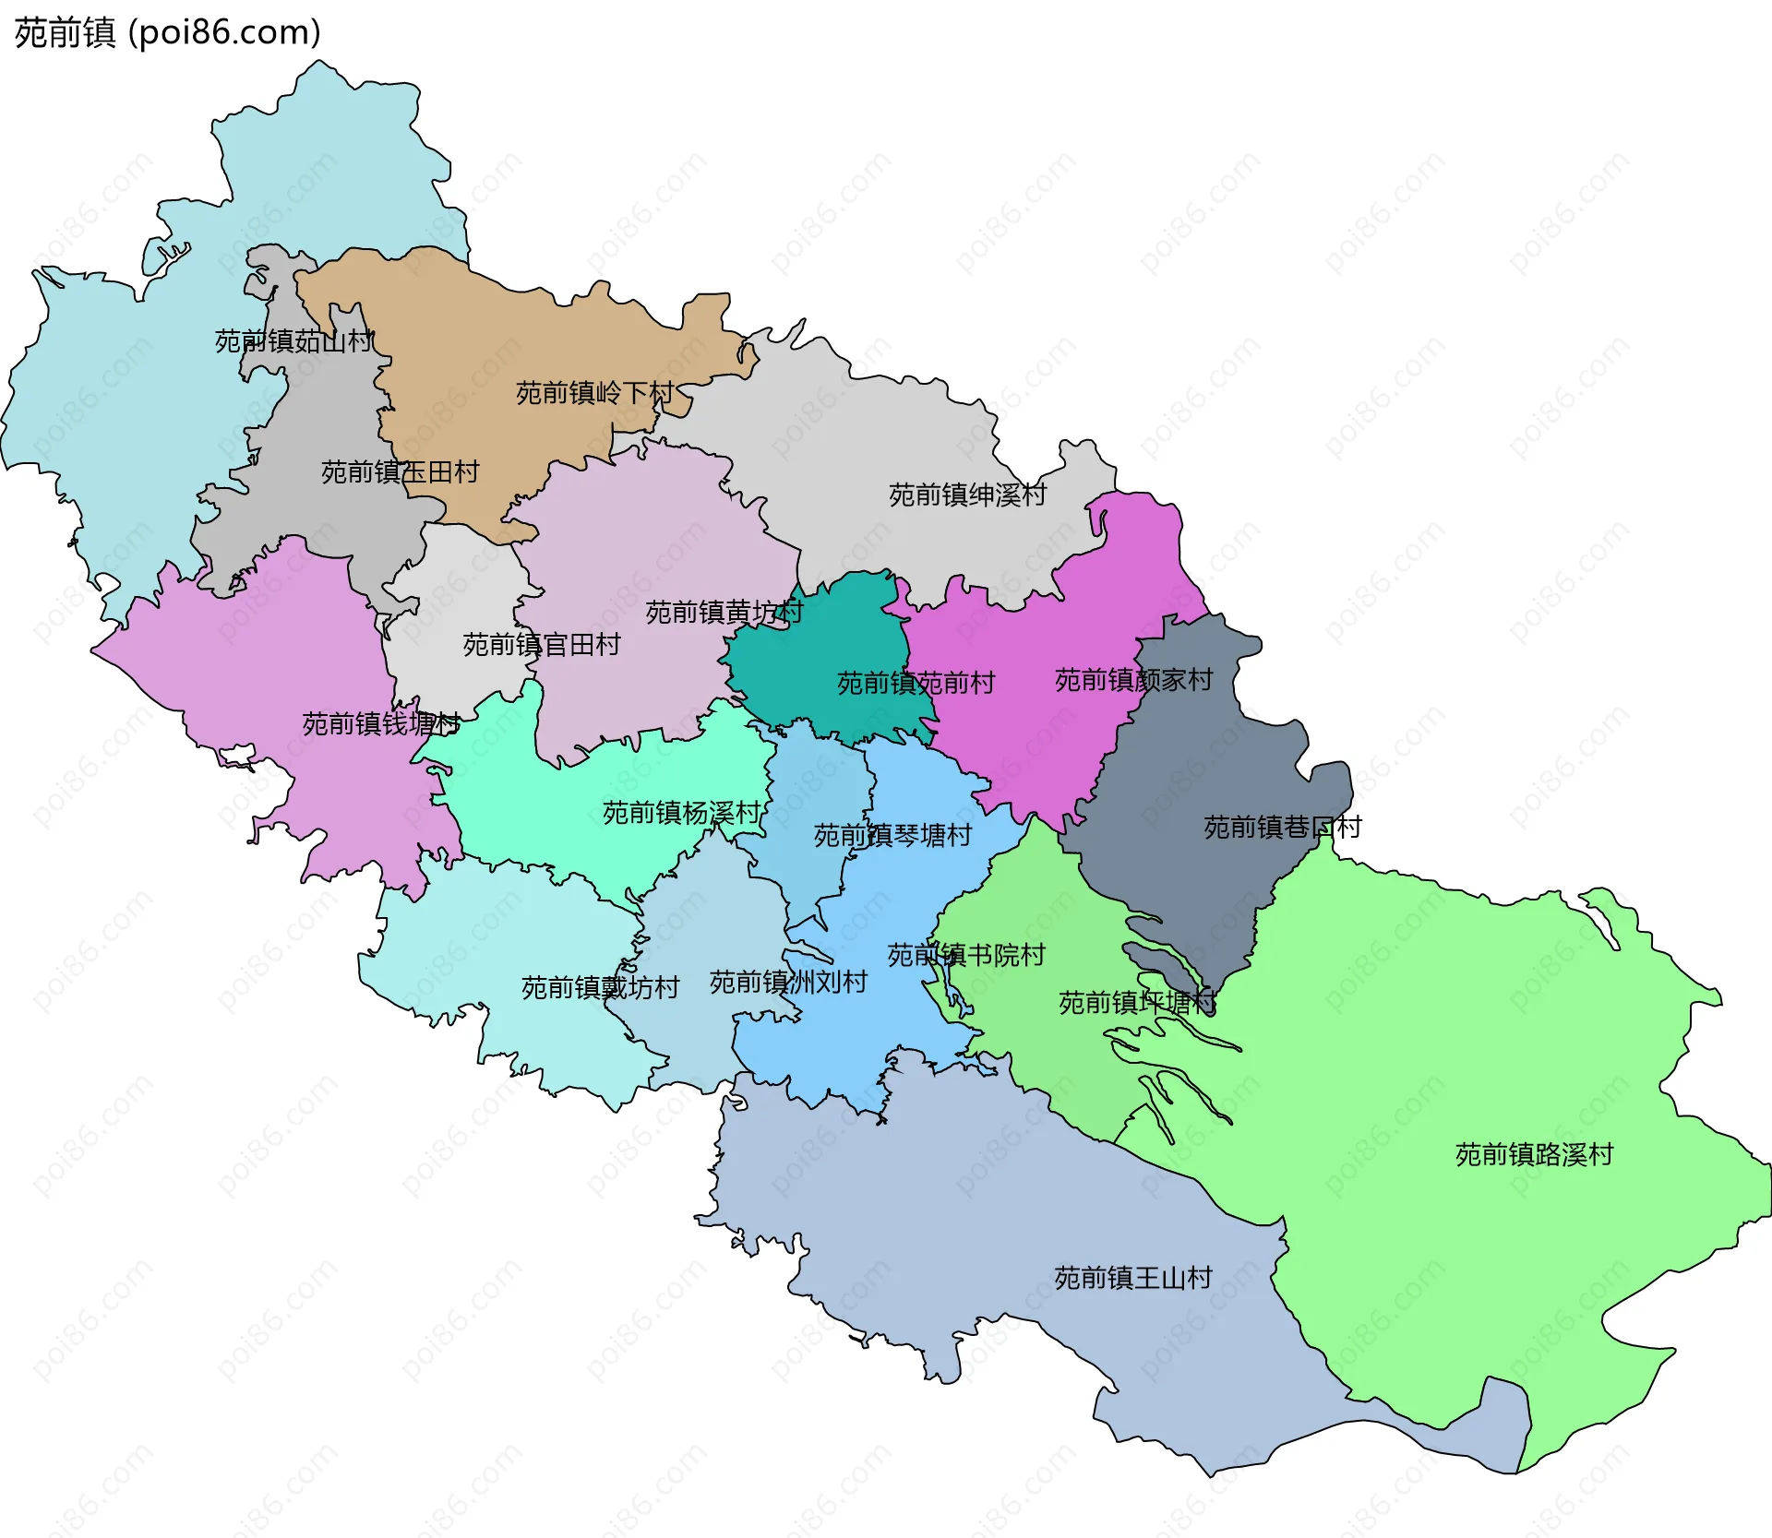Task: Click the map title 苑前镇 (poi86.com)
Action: pyautogui.click(x=167, y=32)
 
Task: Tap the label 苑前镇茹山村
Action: pyautogui.click(x=293, y=341)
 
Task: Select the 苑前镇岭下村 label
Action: pyautogui.click(x=594, y=393)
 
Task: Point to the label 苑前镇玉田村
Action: pyautogui.click(x=400, y=472)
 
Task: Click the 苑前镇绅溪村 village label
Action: pyautogui.click(x=967, y=495)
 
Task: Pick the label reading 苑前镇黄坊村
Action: pyautogui.click(x=724, y=612)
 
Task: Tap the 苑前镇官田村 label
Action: pyautogui.click(x=541, y=644)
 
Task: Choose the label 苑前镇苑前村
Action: pyautogui.click(x=916, y=683)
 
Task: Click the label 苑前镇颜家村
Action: pyautogui.click(x=1133, y=680)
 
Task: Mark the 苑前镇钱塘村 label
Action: pyautogui.click(x=380, y=723)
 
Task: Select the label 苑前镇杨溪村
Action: pyautogui.click(x=681, y=813)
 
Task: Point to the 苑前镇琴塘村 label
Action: pyautogui.click(x=892, y=836)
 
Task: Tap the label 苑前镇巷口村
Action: pyautogui.click(x=1282, y=828)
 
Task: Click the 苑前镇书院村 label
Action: pyautogui.click(x=965, y=955)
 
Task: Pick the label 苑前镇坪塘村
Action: pyautogui.click(x=1137, y=1003)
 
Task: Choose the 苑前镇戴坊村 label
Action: pyautogui.click(x=600, y=988)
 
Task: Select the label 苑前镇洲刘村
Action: pyautogui.click(x=788, y=983)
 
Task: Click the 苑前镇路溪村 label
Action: pyautogui.click(x=1534, y=1155)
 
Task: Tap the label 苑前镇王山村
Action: pyautogui.click(x=1132, y=1278)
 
